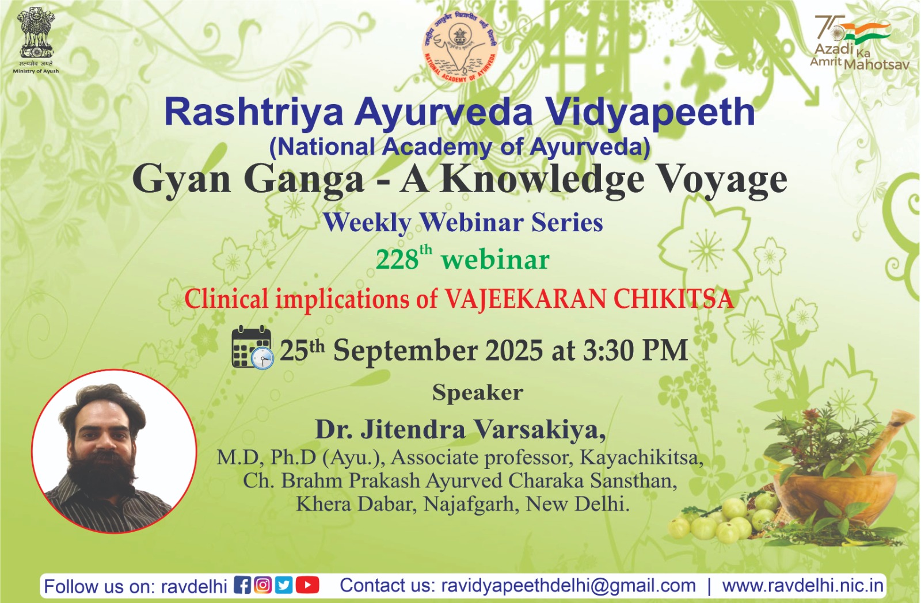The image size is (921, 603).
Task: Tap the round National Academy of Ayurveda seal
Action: pos(460,46)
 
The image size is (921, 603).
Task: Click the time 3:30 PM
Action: pos(635,350)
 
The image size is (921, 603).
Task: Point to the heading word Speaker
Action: pos(477,392)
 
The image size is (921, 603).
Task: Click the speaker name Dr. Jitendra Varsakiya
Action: pos(461,429)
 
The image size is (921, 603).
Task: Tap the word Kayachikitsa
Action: pos(641,458)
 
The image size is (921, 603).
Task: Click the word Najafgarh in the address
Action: pos(469,505)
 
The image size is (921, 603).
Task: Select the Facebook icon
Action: pos(242,585)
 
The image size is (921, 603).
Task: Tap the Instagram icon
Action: pos(262,585)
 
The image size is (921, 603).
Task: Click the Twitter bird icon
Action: pos(284,585)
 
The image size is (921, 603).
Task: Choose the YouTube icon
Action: pos(307,585)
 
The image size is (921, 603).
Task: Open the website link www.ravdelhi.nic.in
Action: pos(803,585)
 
